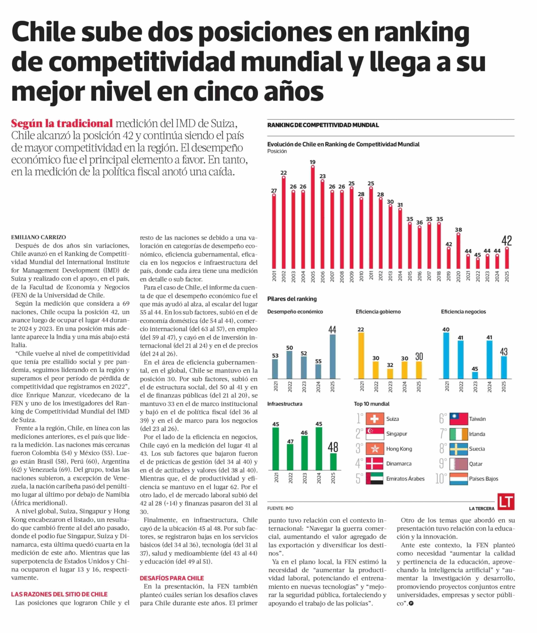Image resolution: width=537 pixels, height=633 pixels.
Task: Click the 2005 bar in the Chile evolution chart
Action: click(313, 218)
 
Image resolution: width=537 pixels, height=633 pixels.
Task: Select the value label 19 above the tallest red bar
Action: click(313, 162)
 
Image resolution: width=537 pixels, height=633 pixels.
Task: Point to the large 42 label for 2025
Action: click(507, 241)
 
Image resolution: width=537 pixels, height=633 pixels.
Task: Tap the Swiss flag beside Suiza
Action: click(375, 419)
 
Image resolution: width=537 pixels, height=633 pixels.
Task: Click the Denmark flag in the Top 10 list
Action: click(375, 463)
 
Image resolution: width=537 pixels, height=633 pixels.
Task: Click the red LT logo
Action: click(506, 501)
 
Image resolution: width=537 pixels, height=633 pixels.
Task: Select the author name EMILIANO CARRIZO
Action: click(39, 237)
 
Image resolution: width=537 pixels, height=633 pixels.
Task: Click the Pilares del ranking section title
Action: click(292, 299)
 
